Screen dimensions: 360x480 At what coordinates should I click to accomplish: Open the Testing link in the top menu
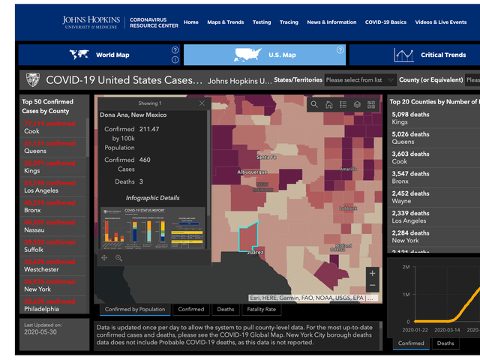(262, 22)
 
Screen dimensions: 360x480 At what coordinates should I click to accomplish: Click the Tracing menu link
(289, 22)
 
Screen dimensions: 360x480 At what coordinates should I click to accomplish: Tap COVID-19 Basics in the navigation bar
(385, 22)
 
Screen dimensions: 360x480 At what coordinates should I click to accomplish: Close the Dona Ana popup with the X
(202, 103)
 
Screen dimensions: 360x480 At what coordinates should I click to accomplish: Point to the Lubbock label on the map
(348, 208)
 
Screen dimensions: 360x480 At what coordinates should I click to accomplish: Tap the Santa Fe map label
(267, 157)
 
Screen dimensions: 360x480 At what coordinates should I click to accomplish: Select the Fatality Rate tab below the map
(261, 309)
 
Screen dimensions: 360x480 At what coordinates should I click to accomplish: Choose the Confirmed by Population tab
(135, 309)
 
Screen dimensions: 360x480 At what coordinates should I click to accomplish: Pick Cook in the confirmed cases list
(31, 131)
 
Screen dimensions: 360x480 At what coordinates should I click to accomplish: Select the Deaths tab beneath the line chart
(445, 343)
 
